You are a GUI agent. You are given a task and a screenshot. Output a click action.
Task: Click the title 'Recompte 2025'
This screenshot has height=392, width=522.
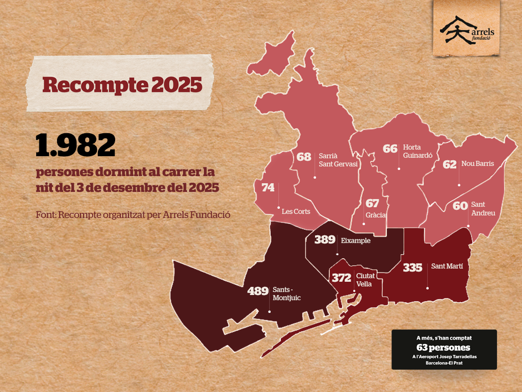[122, 85]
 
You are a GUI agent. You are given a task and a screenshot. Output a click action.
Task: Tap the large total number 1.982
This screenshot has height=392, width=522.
[75, 145]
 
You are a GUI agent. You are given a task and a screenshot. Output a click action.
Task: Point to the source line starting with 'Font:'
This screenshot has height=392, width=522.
[133, 214]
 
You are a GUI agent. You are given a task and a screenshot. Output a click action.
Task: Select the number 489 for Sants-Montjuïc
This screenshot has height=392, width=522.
[257, 291]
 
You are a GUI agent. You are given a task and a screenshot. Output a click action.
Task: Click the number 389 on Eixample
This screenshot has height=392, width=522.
[325, 240]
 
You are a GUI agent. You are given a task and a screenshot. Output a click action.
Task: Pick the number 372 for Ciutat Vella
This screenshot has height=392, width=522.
[342, 278]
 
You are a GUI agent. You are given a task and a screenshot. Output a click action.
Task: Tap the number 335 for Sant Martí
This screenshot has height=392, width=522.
[413, 267]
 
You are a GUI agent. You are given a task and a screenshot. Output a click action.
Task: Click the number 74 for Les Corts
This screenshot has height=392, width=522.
[268, 188]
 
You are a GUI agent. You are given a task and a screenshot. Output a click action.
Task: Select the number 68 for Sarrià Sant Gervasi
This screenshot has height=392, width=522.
[304, 157]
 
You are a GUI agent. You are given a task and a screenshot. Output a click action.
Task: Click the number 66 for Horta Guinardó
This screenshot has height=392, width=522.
[390, 149]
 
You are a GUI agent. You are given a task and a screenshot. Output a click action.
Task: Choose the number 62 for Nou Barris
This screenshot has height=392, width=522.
[450, 164]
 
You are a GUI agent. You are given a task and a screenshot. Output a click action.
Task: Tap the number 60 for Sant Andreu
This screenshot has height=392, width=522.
[460, 206]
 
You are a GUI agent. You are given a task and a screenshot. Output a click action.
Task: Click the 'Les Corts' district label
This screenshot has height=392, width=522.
[296, 211]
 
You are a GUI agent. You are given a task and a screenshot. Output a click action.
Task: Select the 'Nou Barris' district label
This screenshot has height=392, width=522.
[478, 164]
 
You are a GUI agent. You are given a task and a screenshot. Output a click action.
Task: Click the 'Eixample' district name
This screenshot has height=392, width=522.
[355, 240]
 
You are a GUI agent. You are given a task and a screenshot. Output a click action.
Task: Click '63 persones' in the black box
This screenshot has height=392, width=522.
[443, 348]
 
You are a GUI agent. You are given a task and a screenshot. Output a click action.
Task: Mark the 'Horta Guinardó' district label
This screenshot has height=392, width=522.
[417, 151]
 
